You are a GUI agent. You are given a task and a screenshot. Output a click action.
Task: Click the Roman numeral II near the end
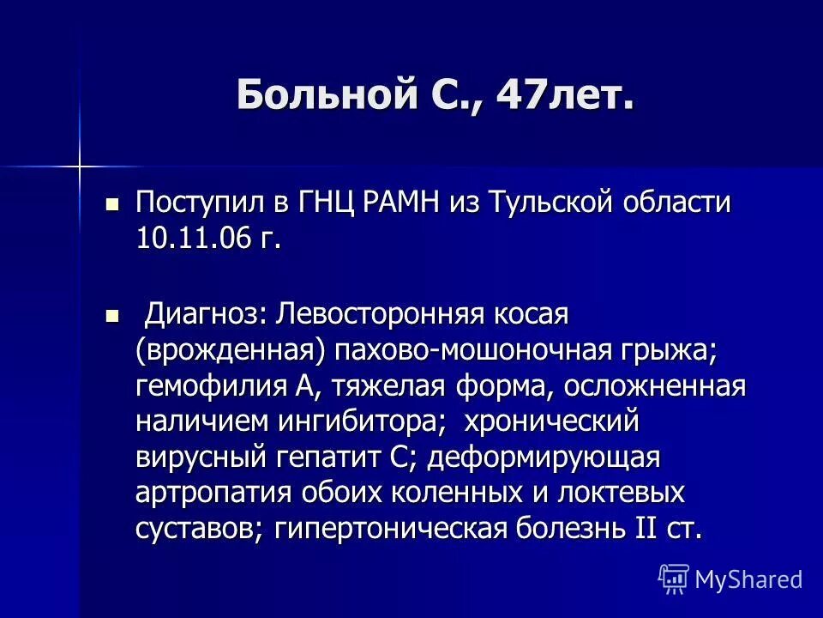pos(646,528)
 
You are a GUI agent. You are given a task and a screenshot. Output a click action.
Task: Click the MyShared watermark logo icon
pos(673,579)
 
